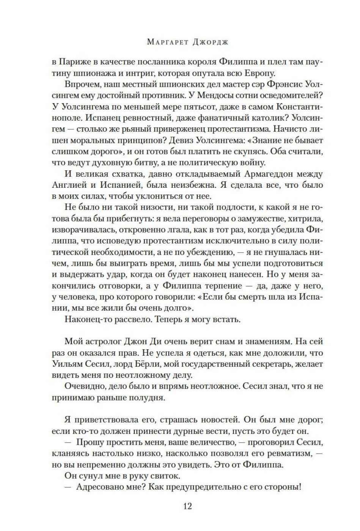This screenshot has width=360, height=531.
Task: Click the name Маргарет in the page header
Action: pyautogui.click(x=165, y=42)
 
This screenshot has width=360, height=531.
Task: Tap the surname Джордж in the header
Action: pyautogui.click(x=209, y=42)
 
